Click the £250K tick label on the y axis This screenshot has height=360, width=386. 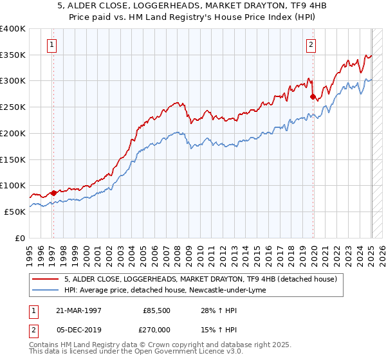(x=13, y=107)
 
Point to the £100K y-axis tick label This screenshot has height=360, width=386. (x=13, y=186)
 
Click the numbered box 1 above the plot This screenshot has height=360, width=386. (x=51, y=45)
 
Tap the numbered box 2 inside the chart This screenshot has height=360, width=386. (x=311, y=45)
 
